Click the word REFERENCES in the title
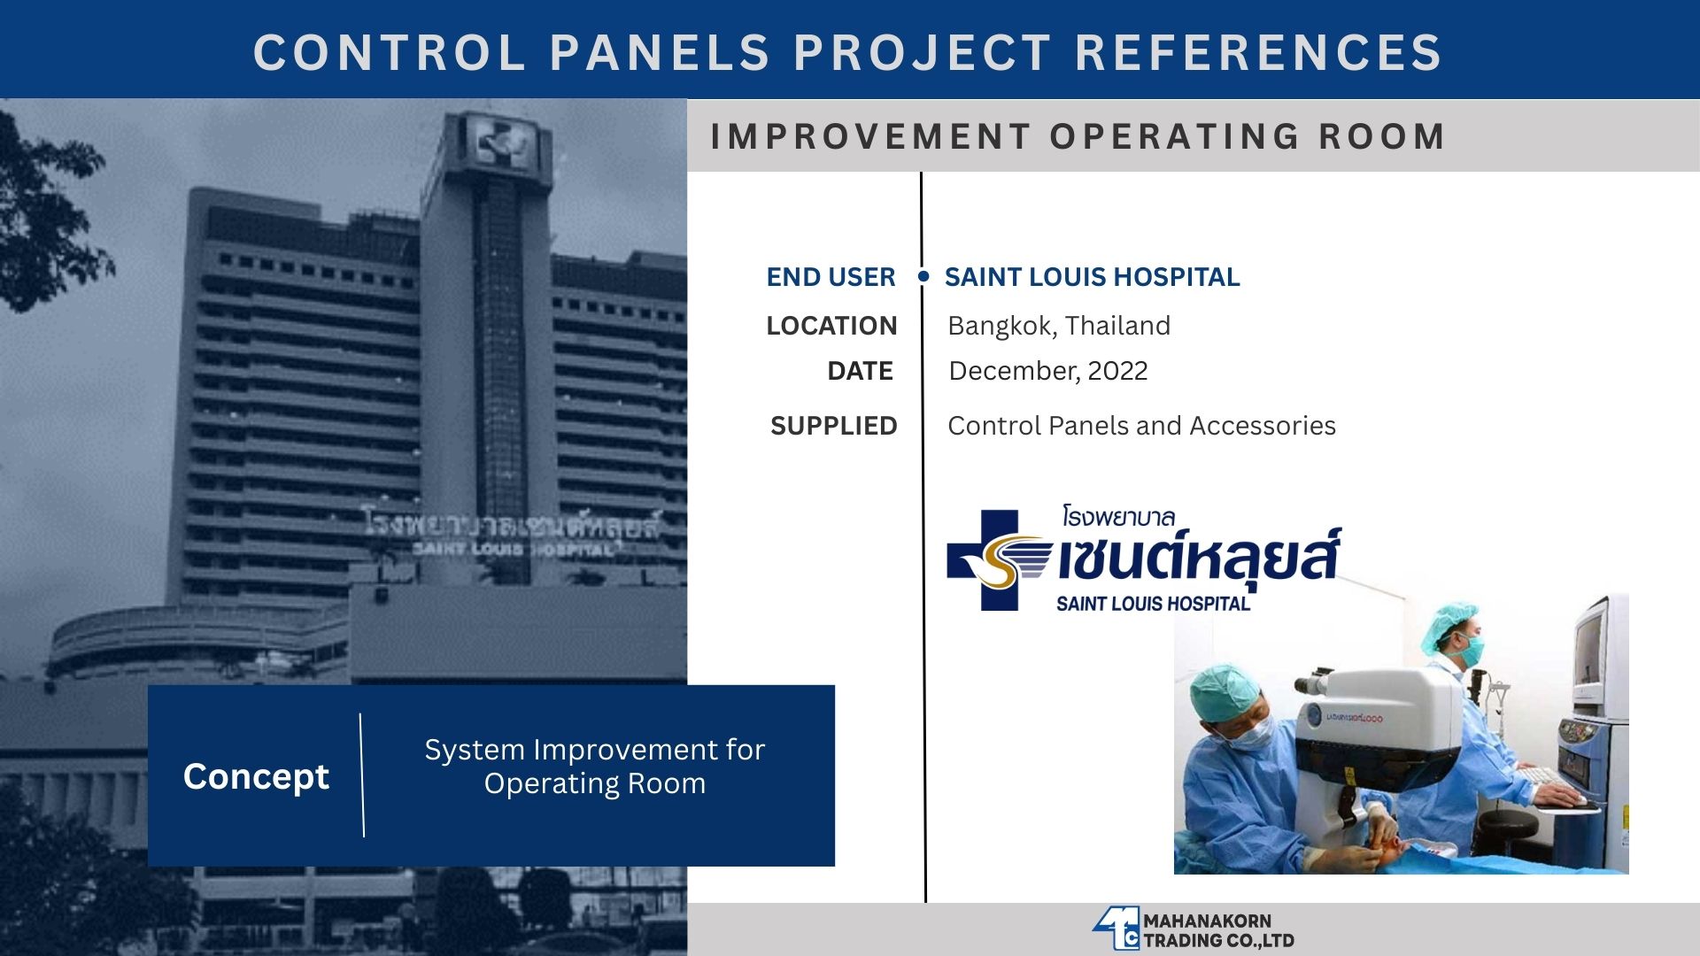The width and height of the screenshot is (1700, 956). point(1258,51)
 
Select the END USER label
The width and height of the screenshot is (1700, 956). point(831,277)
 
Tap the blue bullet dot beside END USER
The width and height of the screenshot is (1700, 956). point(923,276)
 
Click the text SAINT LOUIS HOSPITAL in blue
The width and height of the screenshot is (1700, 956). point(1092,277)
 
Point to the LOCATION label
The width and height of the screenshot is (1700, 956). point(831,326)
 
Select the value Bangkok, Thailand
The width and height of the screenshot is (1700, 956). point(1059,326)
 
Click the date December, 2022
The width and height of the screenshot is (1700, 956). point(1048,371)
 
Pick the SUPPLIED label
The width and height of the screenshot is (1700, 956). point(833,426)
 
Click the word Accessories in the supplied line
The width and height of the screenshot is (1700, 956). point(1263,426)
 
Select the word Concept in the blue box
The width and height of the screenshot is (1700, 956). point(256,776)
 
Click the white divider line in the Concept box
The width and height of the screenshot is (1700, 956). point(361,775)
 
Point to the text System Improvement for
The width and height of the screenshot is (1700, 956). point(594,750)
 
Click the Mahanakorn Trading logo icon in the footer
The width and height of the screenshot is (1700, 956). point(1116,929)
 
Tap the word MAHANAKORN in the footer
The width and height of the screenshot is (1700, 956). point(1207,921)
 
